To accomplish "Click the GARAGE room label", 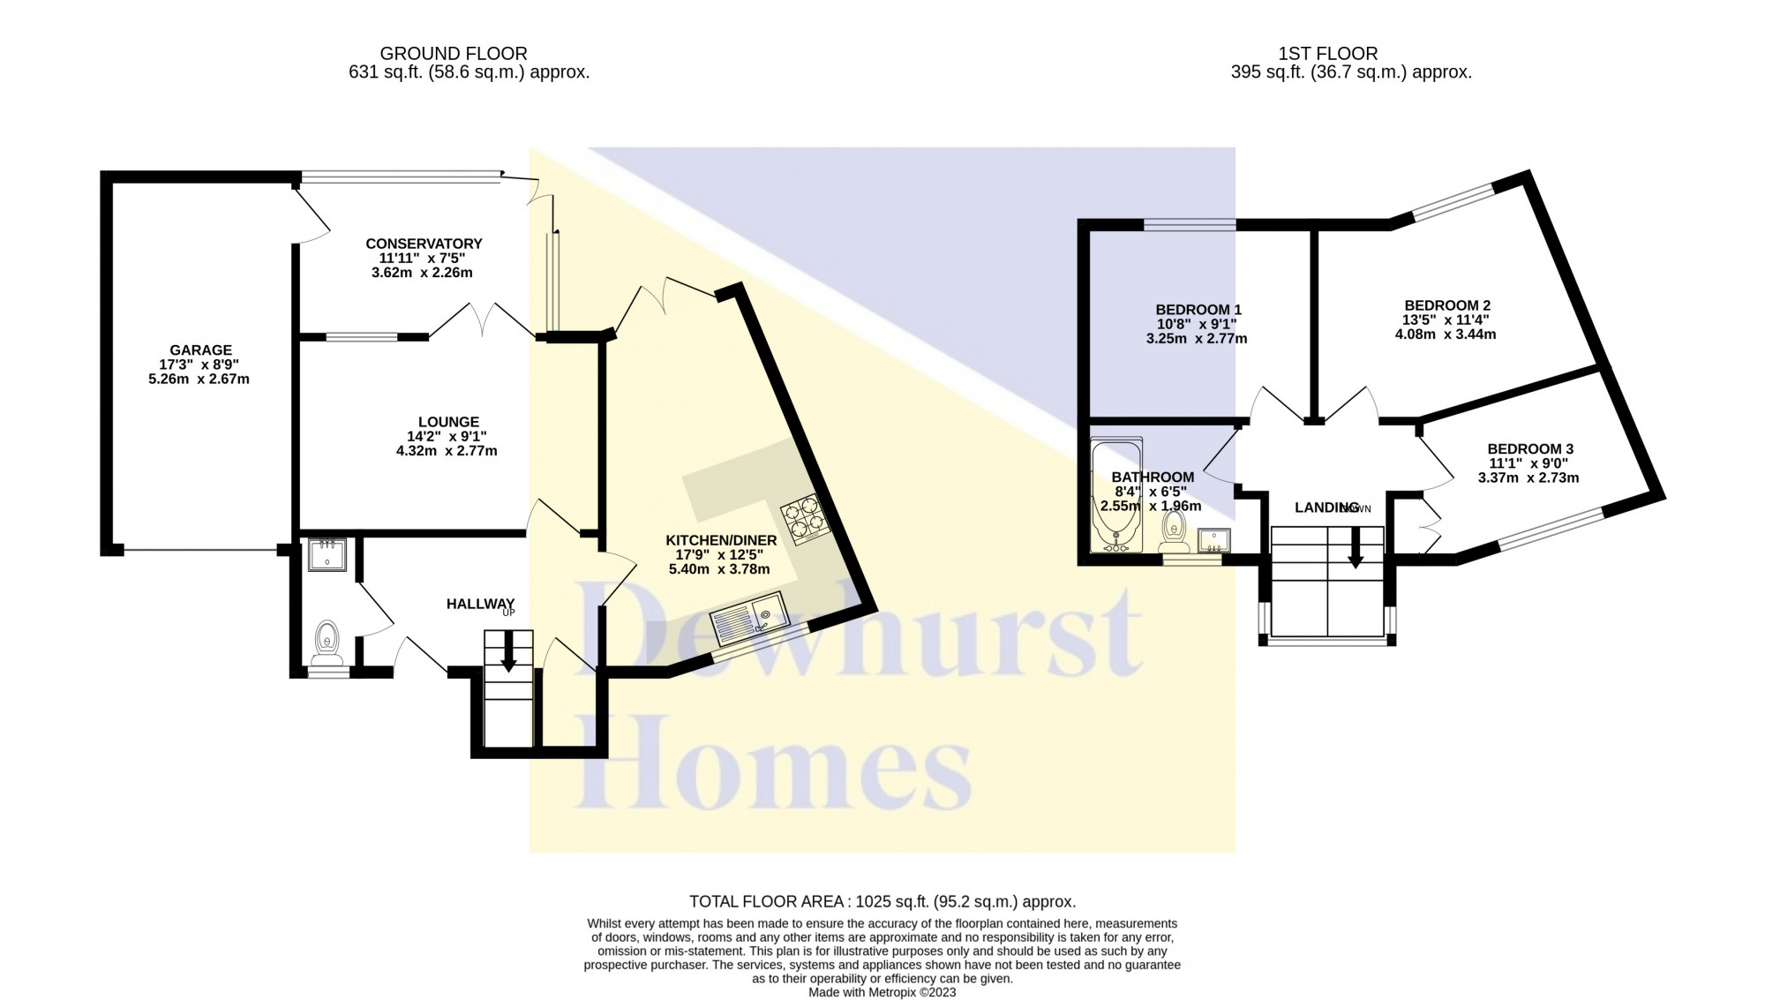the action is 201,350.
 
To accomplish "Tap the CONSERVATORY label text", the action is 424,244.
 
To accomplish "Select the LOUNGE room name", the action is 449,422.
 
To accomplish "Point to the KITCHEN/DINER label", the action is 721,540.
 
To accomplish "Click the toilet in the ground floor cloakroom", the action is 327,642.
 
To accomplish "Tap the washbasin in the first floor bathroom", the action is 1213,540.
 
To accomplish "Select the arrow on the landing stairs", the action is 1356,548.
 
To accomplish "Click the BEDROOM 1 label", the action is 1198,310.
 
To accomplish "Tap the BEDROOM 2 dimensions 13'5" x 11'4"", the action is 1445,320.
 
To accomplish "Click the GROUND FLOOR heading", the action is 454,54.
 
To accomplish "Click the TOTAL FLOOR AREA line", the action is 882,901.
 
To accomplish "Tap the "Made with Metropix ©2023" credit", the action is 882,992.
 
